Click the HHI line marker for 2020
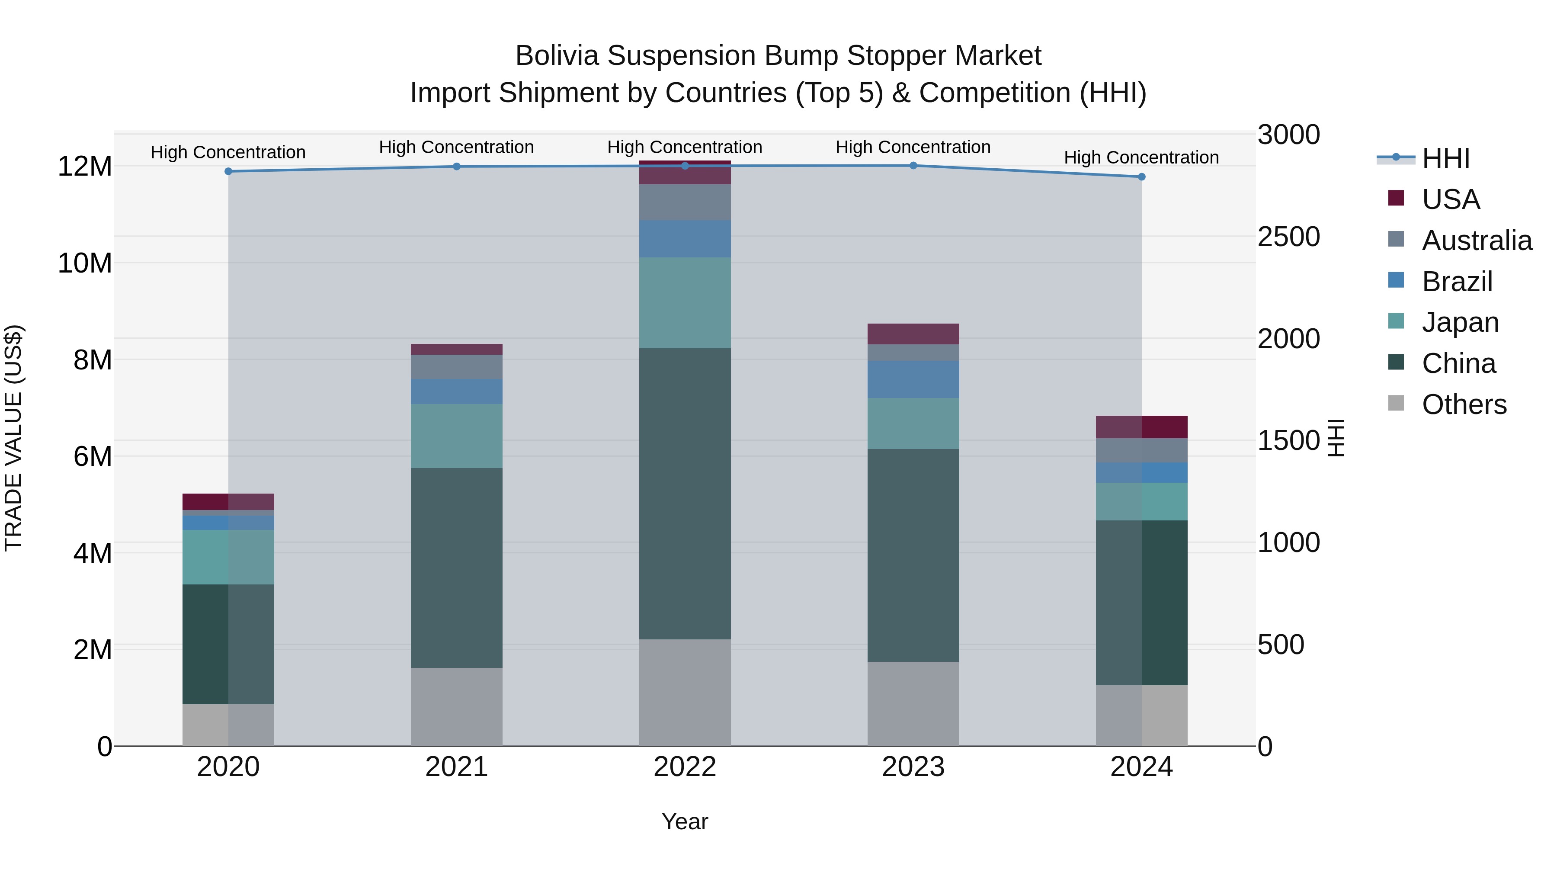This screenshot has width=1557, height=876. point(228,172)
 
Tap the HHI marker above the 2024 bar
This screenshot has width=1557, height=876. point(1141,177)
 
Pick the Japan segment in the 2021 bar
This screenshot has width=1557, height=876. point(456,436)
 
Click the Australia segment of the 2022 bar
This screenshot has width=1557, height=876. point(685,202)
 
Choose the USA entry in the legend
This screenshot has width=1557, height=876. point(1451,199)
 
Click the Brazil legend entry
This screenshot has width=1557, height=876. point(1457,282)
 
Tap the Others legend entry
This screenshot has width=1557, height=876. point(1464,404)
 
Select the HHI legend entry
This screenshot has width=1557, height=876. point(1445,158)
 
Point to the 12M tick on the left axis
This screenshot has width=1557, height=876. point(85,166)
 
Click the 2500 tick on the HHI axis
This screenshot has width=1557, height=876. point(1289,237)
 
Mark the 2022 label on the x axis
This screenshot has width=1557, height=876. point(685,767)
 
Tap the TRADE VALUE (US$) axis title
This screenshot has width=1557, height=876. point(14,438)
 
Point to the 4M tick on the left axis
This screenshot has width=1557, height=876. point(93,553)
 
